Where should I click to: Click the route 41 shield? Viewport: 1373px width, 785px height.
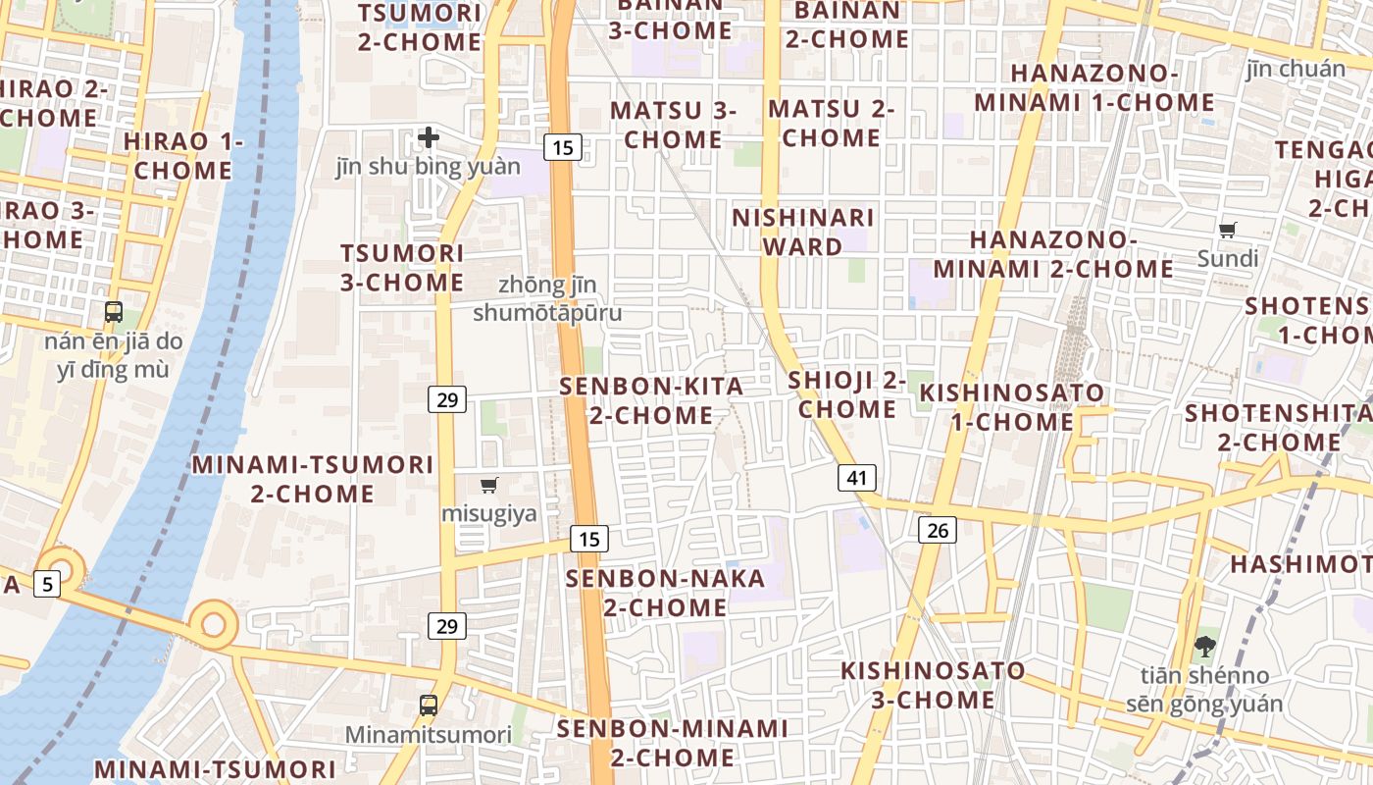857,478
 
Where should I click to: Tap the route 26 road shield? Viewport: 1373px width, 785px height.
938,530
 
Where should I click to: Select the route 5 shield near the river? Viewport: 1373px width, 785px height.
47,584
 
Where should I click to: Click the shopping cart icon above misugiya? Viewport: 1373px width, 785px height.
489,485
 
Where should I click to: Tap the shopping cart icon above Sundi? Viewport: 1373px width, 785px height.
1227,231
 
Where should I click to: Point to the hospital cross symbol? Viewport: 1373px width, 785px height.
429,137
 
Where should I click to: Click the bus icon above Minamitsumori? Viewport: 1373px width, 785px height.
429,705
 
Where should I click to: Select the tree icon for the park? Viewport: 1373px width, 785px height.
1204,648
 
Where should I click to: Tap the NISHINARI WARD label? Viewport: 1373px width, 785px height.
803,232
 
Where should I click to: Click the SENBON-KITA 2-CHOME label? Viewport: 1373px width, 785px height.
651,400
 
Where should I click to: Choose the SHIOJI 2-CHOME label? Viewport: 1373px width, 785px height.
847,393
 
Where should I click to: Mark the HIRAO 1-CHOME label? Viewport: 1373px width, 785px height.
183,155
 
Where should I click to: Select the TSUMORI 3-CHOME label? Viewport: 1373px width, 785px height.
402,267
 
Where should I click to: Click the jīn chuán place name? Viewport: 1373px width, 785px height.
1297,69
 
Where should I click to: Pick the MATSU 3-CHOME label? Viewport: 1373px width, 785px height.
673,124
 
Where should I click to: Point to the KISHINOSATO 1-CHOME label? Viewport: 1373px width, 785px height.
1012,407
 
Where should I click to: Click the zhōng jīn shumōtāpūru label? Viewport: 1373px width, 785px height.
547,298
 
